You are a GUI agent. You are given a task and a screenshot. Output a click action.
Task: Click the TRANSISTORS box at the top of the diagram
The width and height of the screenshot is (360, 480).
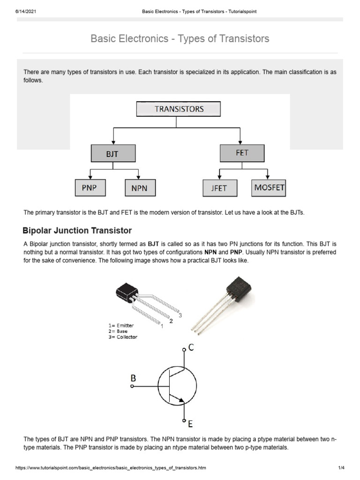[x=179, y=109]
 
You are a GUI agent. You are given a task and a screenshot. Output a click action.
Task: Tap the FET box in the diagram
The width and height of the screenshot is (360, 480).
[x=242, y=153]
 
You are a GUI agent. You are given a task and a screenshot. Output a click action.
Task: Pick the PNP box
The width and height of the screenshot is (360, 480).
[x=90, y=187]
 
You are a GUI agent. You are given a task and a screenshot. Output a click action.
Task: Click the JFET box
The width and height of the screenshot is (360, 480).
[x=220, y=188]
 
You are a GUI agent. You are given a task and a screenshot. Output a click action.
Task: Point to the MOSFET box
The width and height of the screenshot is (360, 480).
[x=269, y=187]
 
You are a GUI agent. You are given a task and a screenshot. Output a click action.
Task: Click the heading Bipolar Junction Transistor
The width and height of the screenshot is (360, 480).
[x=77, y=231]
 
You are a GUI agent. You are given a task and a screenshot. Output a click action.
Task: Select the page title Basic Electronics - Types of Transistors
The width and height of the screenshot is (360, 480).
[x=180, y=38]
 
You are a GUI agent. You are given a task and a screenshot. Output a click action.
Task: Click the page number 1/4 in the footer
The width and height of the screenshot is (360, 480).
[x=341, y=468]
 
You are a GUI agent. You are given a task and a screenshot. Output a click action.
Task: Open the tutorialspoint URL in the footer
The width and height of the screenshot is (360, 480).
[x=111, y=468]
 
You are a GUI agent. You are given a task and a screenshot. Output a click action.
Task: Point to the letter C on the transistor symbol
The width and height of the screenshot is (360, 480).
[x=191, y=348]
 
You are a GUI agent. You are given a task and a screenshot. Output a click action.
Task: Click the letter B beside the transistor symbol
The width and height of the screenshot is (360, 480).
[x=134, y=377]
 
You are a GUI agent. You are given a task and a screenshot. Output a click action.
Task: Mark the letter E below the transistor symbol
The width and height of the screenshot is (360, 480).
[x=190, y=424]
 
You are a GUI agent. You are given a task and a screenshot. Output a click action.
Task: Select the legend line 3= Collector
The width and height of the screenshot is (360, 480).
[x=120, y=337]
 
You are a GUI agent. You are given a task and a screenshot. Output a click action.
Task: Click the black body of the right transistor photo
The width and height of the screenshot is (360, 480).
[x=238, y=290]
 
